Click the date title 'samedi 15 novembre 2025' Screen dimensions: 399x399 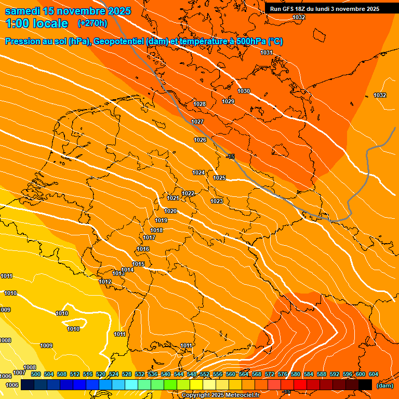68,11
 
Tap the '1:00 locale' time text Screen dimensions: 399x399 36,23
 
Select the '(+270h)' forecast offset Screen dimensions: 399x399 92,23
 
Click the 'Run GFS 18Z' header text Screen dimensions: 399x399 291,9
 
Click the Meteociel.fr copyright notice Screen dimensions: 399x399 220,395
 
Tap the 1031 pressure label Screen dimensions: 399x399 267,52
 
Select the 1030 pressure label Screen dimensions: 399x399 244,91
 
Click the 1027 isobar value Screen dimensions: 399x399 197,122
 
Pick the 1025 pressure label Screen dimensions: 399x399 219,178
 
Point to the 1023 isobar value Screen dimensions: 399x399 217,201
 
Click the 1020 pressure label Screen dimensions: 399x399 170,211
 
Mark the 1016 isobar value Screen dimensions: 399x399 143,249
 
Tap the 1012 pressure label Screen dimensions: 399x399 105,282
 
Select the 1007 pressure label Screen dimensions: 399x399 19,373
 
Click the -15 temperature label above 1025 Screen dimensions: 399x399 231,156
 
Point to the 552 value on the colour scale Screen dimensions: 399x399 204,374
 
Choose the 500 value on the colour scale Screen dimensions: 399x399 35,374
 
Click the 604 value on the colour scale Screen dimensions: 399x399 373,374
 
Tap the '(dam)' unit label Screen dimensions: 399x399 384,385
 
